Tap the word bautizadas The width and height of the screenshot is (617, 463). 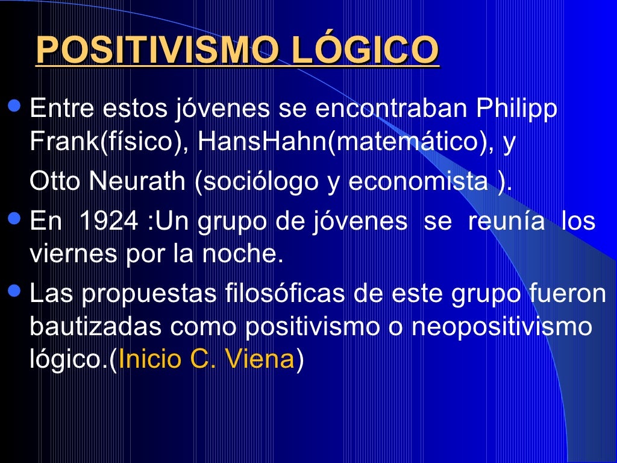(x=96, y=326)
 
